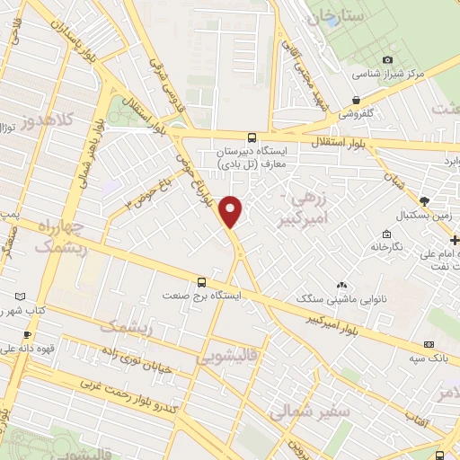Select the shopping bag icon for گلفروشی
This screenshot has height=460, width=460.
pyautogui.click(x=357, y=100)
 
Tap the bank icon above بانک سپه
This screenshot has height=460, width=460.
pyautogui.click(x=429, y=344)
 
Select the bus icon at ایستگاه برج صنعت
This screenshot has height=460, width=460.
pyautogui.click(x=202, y=279)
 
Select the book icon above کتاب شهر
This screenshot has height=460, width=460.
pyautogui.click(x=21, y=296)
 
